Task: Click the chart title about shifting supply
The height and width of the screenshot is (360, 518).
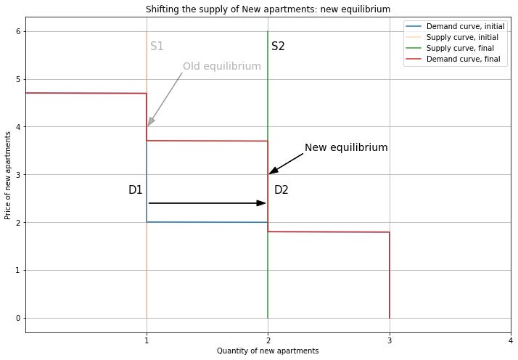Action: pos(268,9)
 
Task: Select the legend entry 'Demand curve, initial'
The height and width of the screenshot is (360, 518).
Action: pos(465,26)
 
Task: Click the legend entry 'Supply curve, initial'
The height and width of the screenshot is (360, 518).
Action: pos(464,37)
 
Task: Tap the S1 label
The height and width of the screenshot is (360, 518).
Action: pos(157,46)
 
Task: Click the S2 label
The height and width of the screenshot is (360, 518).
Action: pos(278,46)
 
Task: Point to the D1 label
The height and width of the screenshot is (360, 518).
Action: pos(135,190)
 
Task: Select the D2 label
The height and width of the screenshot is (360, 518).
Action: pos(281,190)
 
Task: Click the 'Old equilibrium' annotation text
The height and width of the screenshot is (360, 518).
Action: pos(221,67)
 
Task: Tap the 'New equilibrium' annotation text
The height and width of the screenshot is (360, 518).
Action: pos(346,148)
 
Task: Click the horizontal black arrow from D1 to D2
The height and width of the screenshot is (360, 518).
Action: pos(207,203)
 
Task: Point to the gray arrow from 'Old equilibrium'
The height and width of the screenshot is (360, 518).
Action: pos(165,99)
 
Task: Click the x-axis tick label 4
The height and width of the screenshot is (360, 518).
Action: pos(511,340)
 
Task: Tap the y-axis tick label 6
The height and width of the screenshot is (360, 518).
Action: pos(17,31)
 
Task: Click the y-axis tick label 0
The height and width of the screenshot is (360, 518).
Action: pos(17,318)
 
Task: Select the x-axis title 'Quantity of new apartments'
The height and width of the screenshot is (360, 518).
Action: pos(268,351)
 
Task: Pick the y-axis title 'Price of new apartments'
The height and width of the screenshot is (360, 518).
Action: pos(8,174)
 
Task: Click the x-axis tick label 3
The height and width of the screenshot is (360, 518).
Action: pos(390,340)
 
